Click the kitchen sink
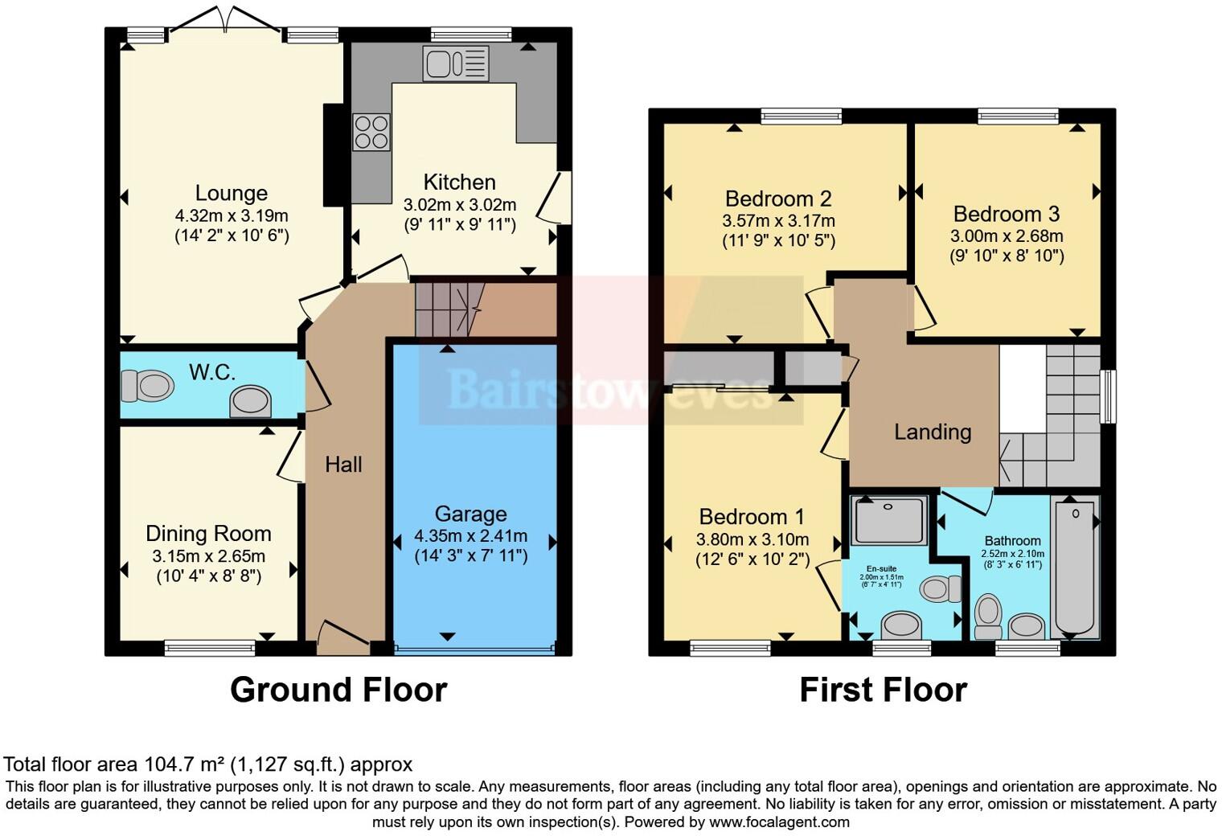pos(455,64)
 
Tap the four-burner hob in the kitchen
pos(371,132)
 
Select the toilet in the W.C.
pos(147,386)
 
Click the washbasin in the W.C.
pos(250,401)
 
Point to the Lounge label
pos(232,193)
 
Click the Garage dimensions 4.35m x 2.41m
pos(471,536)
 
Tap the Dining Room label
pos(208,534)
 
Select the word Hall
pos(343,464)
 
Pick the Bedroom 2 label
pos(778,199)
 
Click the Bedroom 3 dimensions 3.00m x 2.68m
pos(1007,236)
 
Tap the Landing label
pos(933,432)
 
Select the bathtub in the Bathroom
pos(1075,567)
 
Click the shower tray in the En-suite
pos(889,519)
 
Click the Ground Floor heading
pos(338,690)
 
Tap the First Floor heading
pos(883,690)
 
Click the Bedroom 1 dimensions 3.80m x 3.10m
pos(752,539)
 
